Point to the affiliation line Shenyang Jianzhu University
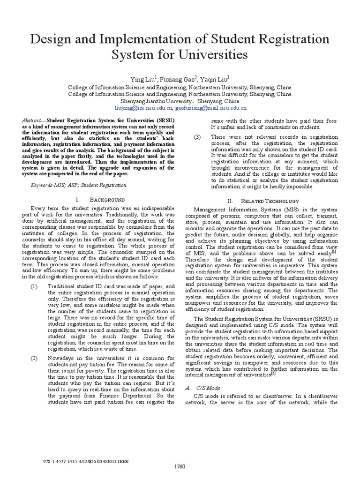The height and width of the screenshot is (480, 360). [180, 101]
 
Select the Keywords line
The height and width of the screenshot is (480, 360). [78, 185]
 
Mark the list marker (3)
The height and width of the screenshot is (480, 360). [198, 137]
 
